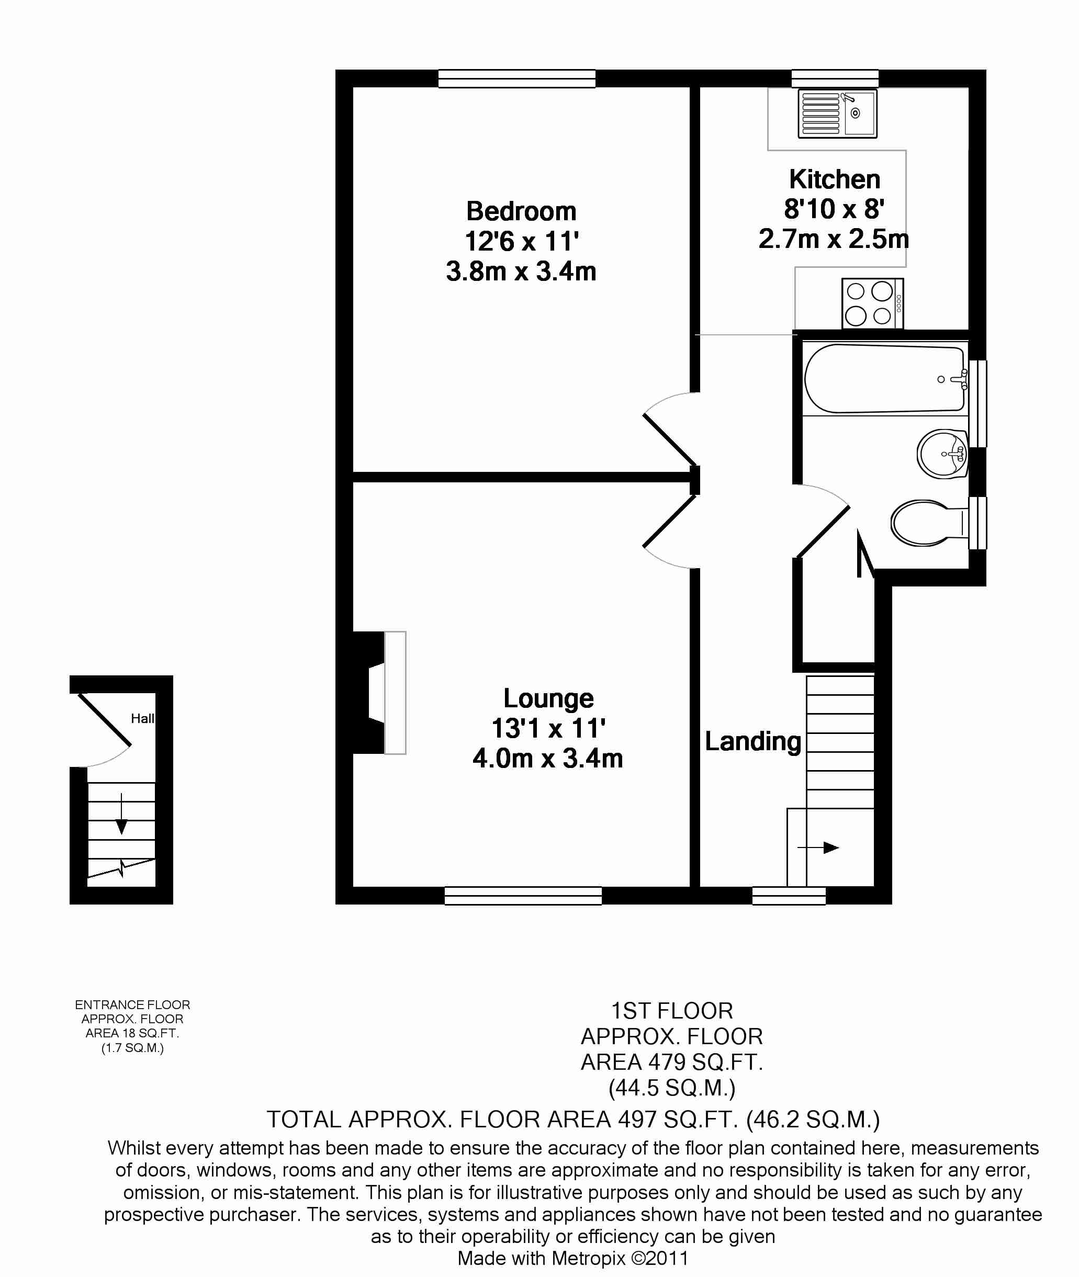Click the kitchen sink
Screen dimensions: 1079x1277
(x=837, y=113)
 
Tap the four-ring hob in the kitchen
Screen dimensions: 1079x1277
(x=872, y=303)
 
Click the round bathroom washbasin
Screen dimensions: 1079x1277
(x=942, y=453)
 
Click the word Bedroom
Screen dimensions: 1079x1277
(x=521, y=211)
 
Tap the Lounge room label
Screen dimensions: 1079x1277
(x=548, y=699)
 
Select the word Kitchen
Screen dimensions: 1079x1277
(x=834, y=179)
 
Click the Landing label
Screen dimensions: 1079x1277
(x=753, y=742)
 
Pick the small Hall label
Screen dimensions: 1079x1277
(x=142, y=719)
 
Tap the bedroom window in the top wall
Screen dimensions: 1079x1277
(x=517, y=79)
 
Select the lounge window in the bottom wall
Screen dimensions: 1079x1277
(x=523, y=896)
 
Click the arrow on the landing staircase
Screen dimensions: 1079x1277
(x=818, y=847)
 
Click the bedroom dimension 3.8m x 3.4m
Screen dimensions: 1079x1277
(x=521, y=271)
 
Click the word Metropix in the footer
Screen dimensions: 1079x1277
(x=589, y=1259)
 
